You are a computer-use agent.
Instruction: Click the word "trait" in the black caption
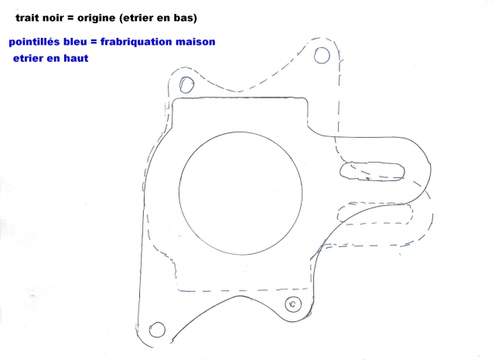[26, 18]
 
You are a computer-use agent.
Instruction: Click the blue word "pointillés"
[35, 42]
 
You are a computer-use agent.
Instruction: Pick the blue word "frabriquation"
[136, 42]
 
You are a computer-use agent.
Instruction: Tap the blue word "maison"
[196, 42]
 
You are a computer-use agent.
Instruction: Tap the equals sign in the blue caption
[94, 42]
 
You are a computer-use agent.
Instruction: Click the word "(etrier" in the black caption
[134, 18]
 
